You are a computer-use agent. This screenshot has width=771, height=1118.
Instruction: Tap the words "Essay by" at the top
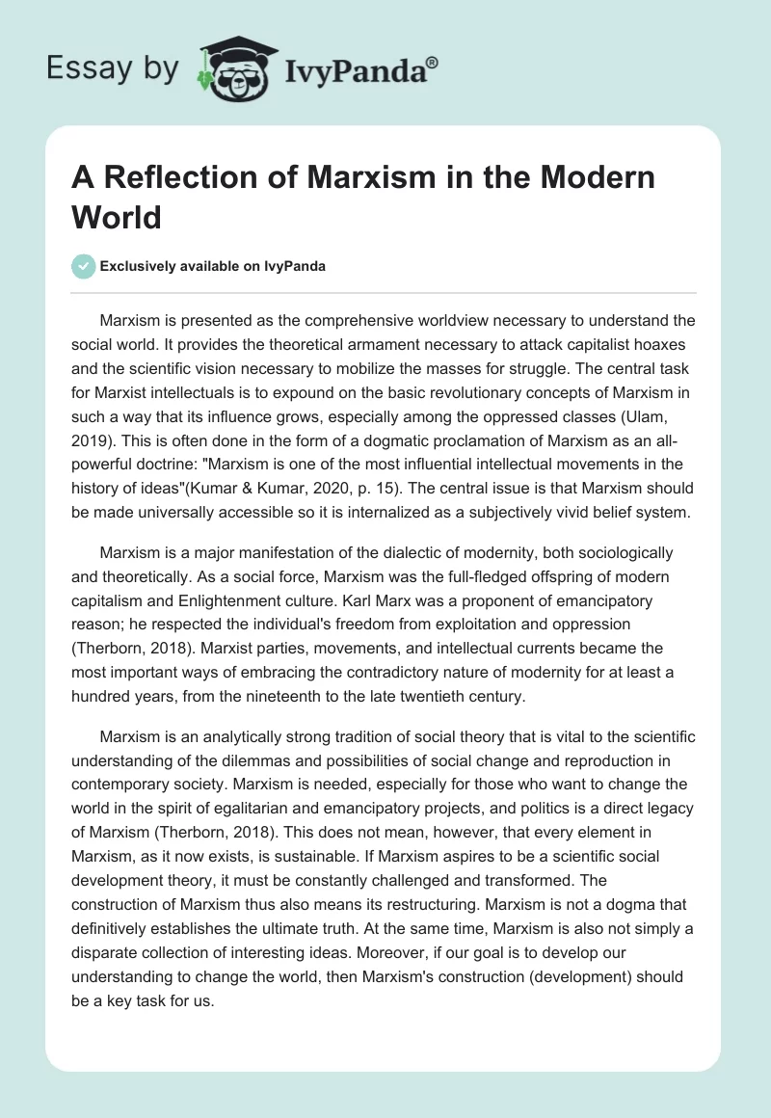click(x=114, y=68)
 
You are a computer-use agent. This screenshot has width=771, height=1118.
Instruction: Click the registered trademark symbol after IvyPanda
click(x=432, y=62)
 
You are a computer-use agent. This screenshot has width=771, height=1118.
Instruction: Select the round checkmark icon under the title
click(x=84, y=266)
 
